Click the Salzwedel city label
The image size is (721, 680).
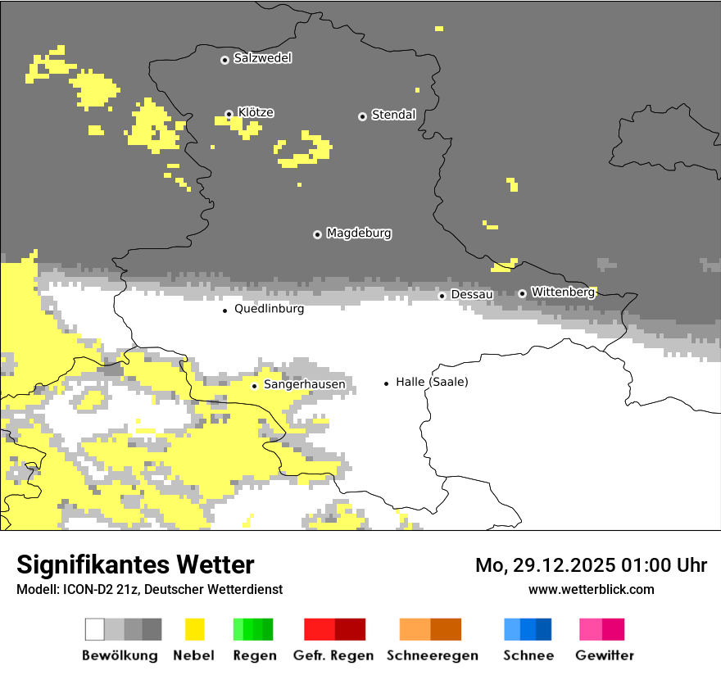[x=262, y=58]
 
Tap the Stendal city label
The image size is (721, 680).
[x=393, y=115]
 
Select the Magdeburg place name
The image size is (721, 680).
[x=358, y=233]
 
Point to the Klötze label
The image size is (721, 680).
[x=256, y=112]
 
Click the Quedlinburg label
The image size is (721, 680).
[x=269, y=309]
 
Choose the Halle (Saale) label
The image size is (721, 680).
[x=432, y=382]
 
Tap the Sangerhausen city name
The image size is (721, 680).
[x=304, y=384]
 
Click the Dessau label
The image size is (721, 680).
[x=472, y=294]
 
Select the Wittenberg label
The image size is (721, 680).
[x=562, y=292]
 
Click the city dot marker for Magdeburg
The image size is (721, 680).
[x=317, y=234]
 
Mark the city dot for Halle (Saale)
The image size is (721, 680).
[x=387, y=383]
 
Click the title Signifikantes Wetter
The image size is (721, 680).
[x=135, y=564]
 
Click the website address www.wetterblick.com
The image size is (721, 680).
[x=591, y=589]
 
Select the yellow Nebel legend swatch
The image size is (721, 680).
[x=195, y=629]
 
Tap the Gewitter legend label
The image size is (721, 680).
[x=604, y=655]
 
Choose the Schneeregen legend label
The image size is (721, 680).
[x=433, y=655]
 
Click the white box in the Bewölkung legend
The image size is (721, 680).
[x=95, y=629]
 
